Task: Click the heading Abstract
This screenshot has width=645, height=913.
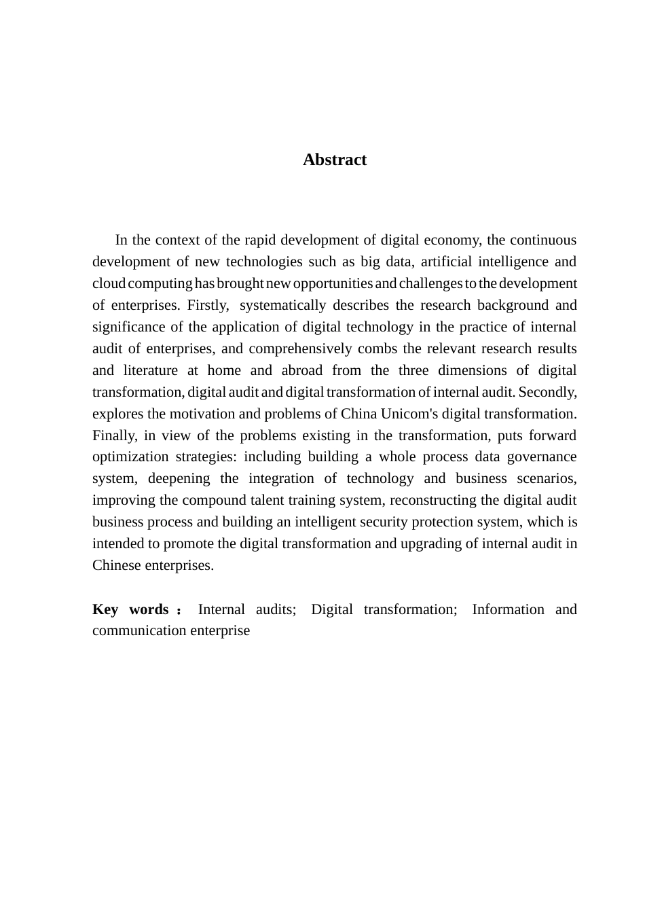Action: coord(334,160)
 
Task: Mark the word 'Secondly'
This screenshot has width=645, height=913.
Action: coord(547,392)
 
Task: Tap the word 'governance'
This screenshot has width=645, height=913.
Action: coord(542,456)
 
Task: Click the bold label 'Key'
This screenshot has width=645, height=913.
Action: coord(105,609)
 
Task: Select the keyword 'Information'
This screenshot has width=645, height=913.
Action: coord(508,609)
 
